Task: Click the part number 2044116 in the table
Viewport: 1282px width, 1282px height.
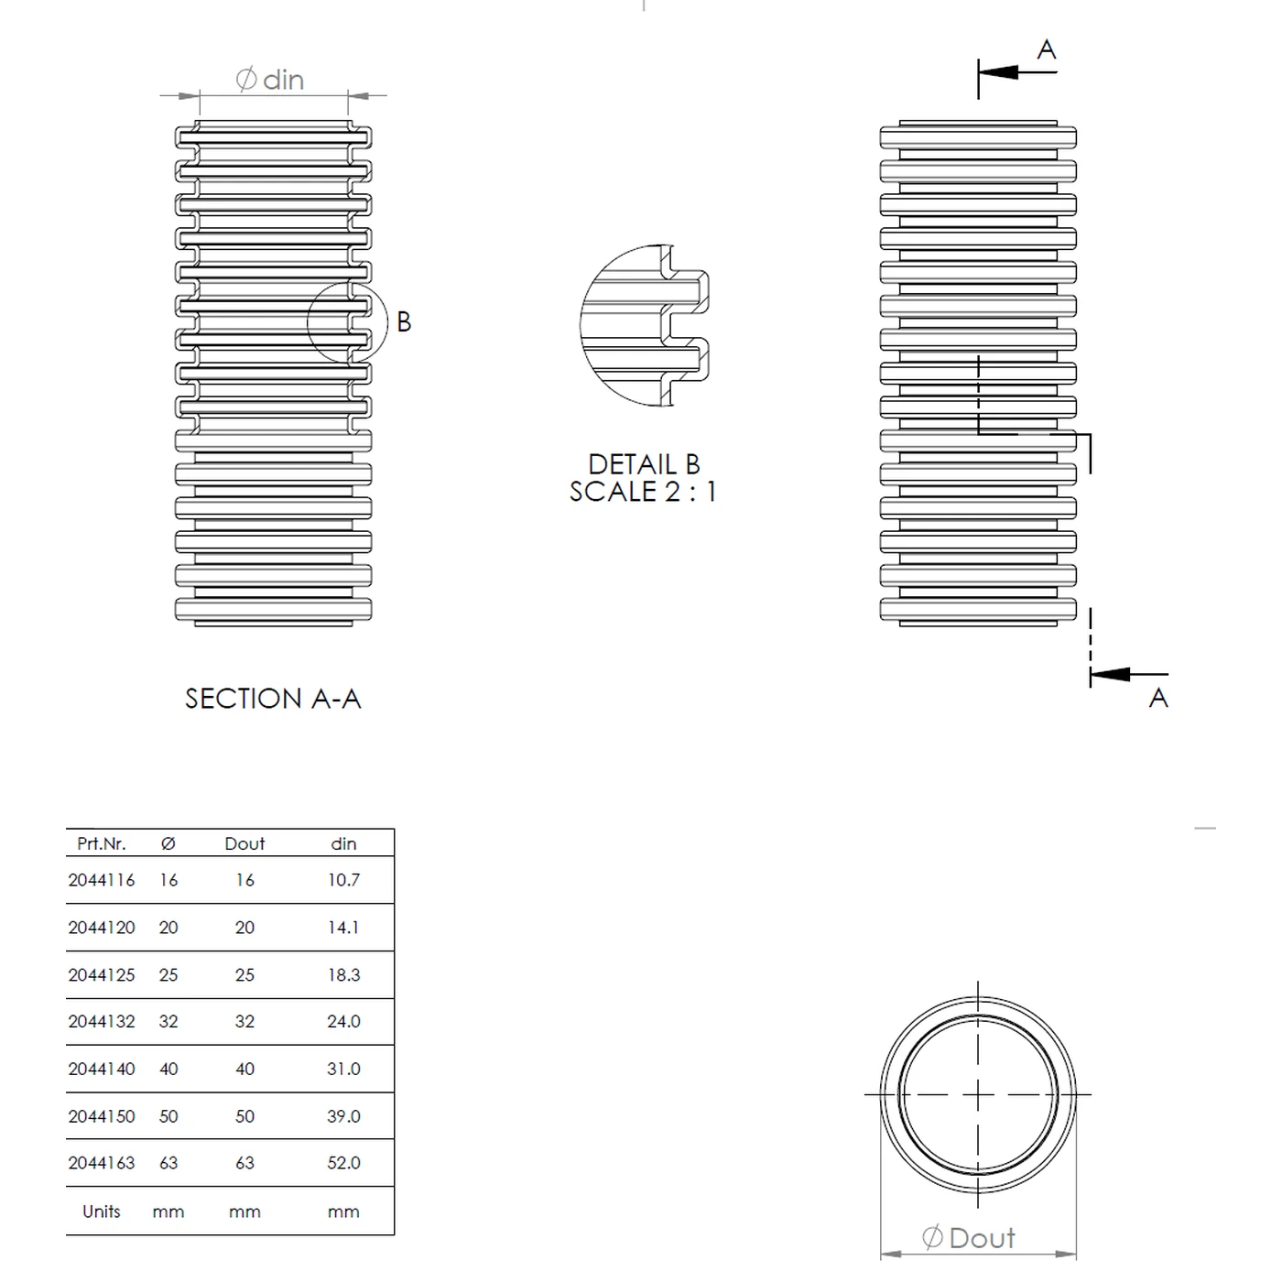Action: coord(102,880)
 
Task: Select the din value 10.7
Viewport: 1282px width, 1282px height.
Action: coord(343,880)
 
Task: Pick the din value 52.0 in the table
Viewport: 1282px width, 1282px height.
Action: coord(343,1163)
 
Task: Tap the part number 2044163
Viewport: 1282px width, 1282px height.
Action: coord(102,1163)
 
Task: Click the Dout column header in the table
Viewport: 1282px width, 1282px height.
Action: coord(244,843)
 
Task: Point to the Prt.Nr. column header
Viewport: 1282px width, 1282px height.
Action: coord(102,843)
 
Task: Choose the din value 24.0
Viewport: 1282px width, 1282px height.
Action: coord(343,1021)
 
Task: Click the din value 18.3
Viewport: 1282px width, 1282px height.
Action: coord(343,975)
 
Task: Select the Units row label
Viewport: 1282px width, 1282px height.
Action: coord(102,1211)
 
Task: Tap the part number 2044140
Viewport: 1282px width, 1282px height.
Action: coord(102,1069)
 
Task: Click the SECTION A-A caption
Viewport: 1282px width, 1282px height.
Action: coord(273,699)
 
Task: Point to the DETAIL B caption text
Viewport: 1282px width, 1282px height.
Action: coord(644,464)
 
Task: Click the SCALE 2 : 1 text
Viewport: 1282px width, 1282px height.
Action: coord(643,492)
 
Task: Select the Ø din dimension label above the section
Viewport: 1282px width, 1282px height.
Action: coord(270,80)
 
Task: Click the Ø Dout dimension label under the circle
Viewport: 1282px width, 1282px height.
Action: coord(969,1238)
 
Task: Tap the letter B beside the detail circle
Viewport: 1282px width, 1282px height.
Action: coord(404,322)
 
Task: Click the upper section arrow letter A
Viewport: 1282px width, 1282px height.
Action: coord(1047,49)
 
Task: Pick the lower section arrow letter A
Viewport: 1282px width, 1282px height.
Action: coord(1158,698)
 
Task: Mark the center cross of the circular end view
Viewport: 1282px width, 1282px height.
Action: coord(978,1094)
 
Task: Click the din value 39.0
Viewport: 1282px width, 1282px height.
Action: coord(343,1116)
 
